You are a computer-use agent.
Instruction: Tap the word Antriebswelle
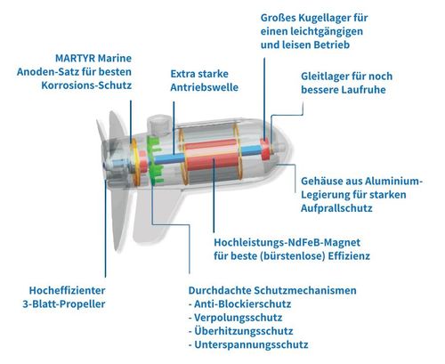click(x=205, y=87)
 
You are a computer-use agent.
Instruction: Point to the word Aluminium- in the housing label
click(x=393, y=181)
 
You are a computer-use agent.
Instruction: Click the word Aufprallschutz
click(x=336, y=208)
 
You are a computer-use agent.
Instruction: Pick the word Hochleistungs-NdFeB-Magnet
click(x=287, y=242)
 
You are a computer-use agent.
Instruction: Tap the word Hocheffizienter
click(x=67, y=290)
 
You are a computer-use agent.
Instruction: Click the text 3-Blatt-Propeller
click(x=64, y=304)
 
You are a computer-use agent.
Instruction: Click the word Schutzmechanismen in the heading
click(x=301, y=290)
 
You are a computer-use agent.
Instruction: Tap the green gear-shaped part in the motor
click(x=155, y=159)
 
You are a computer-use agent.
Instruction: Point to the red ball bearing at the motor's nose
click(x=265, y=149)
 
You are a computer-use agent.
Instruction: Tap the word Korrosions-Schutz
click(x=86, y=85)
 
